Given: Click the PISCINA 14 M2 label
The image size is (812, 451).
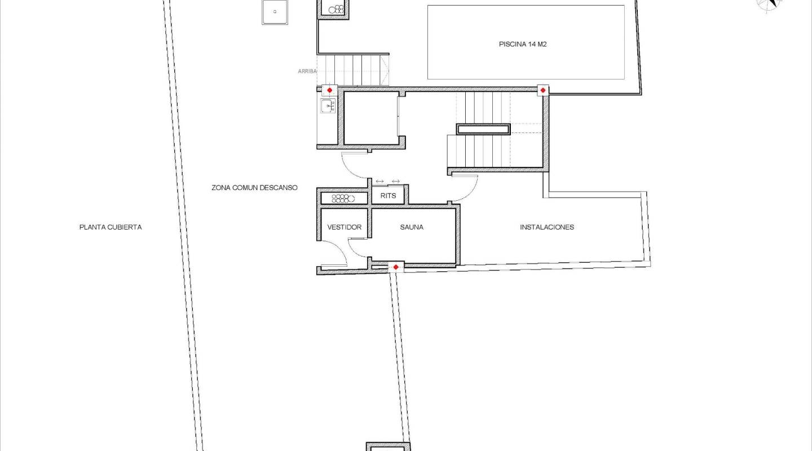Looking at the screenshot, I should (522, 44).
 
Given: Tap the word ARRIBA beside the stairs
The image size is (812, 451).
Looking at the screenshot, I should (307, 71).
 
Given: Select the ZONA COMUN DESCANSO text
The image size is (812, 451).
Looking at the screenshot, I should (254, 188).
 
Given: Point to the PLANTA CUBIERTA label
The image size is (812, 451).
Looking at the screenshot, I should (111, 227).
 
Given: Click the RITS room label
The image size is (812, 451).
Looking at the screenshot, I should (389, 196).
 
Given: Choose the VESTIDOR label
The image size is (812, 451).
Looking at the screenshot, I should (344, 227).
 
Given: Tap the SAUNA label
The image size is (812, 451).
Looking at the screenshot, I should (412, 227).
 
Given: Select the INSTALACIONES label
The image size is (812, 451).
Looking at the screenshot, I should (546, 227).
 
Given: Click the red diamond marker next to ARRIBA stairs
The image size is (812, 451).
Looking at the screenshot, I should (330, 90).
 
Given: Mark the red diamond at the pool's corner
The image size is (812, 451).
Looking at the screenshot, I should (542, 90).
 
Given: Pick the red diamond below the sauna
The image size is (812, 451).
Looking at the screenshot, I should (396, 267).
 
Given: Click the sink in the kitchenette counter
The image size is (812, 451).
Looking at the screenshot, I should (328, 105).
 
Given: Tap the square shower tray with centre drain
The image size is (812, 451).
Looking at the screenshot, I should (275, 12).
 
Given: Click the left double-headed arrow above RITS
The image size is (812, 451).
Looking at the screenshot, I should (379, 181).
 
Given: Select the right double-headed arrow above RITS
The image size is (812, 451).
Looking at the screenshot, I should (396, 181).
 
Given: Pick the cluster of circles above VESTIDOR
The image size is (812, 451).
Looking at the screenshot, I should (343, 198).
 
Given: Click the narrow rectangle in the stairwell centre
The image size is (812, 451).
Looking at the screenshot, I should (483, 129).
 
